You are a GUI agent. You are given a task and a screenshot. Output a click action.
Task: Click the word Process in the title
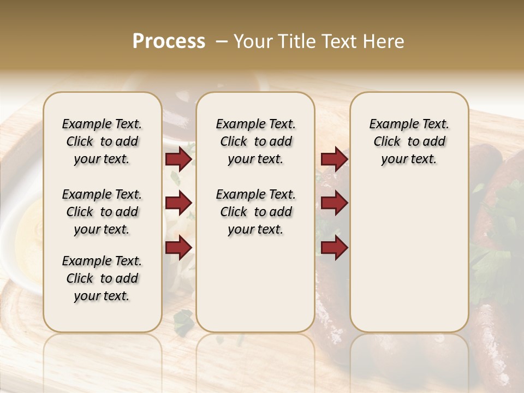point(169,41)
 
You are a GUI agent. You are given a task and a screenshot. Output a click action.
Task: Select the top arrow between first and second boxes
point(178,159)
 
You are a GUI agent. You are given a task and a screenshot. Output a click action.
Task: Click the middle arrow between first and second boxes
point(178,203)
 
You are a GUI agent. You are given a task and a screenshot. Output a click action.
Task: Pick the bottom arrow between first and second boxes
point(178,248)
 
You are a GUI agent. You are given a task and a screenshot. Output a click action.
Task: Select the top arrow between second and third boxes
point(334,159)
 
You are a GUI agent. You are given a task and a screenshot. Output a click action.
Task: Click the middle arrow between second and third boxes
point(334,203)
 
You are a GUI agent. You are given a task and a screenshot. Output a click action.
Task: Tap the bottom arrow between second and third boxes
point(334,248)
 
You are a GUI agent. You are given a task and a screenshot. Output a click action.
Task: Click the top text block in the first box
point(102,141)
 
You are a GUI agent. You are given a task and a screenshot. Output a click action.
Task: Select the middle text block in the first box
point(102,212)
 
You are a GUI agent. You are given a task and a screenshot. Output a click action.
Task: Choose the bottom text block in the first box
point(102,278)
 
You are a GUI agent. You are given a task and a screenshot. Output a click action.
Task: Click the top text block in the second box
point(255,141)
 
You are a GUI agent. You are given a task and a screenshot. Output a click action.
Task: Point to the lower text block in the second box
point(255,212)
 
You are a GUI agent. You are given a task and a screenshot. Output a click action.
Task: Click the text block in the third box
point(409,141)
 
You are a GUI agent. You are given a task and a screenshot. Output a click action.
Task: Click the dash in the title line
point(222,41)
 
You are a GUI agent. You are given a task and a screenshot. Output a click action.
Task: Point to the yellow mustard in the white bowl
point(31,235)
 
